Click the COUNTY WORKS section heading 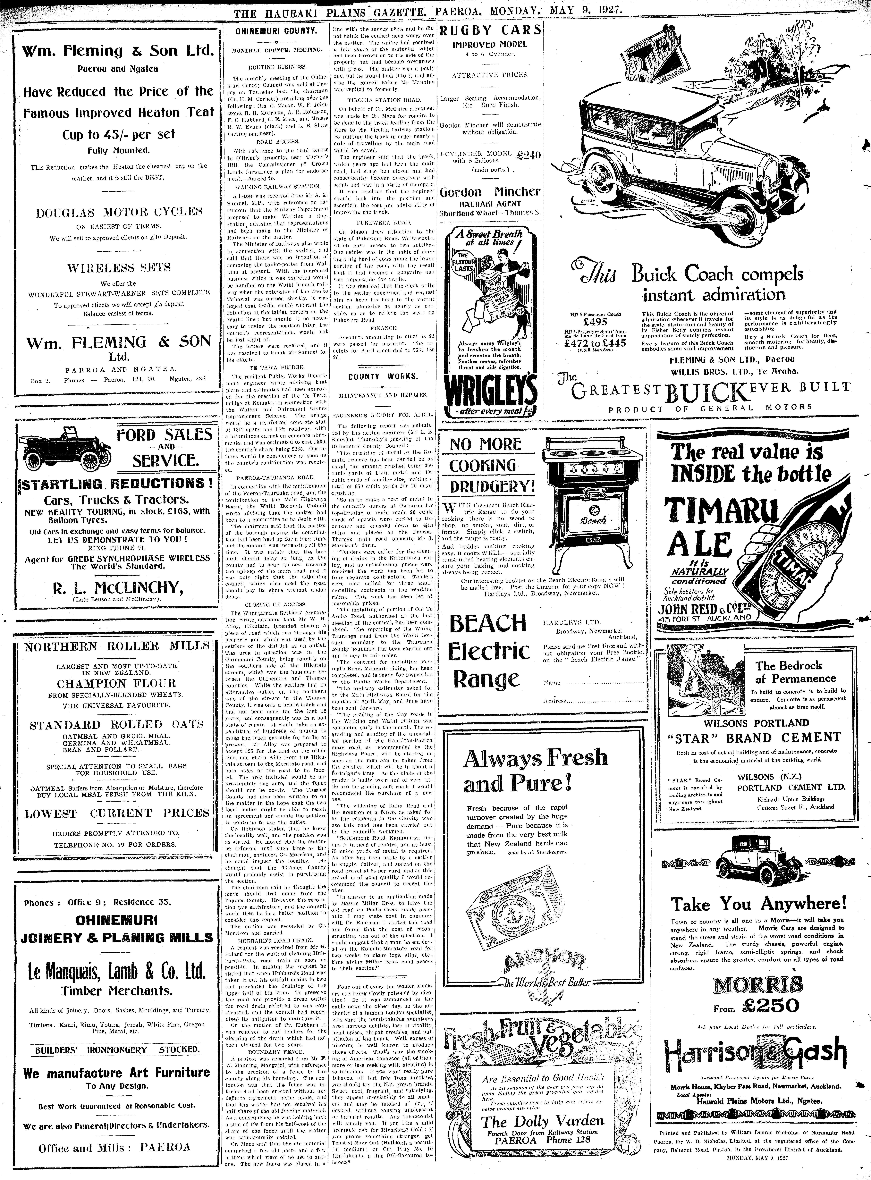(383, 376)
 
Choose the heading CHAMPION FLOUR (116, 683)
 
